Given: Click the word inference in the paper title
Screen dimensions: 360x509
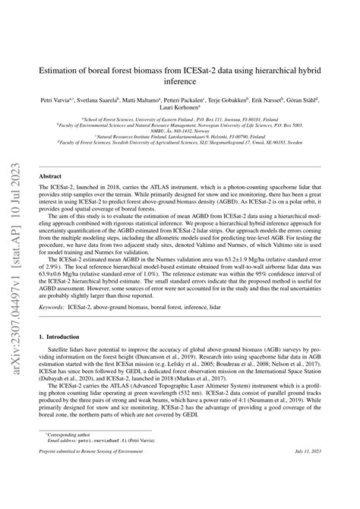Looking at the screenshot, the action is [180, 81].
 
